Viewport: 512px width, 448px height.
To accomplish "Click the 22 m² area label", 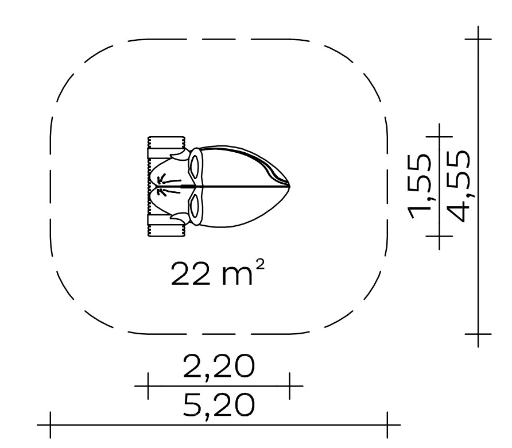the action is pyautogui.click(x=217, y=273).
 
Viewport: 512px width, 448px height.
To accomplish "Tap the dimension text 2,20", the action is pyautogui.click(x=219, y=366).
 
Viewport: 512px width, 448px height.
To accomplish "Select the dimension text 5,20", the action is pyautogui.click(x=219, y=405).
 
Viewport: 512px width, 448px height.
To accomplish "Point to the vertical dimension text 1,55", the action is pyautogui.click(x=420, y=186).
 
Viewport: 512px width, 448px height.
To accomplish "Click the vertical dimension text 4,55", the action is pyautogui.click(x=459, y=186).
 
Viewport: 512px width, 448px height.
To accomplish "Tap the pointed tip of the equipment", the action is pyautogui.click(x=290, y=187).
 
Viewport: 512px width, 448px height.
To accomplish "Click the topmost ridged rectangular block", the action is pyautogui.click(x=166, y=142).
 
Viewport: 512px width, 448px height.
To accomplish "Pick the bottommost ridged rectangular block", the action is pyautogui.click(x=166, y=231).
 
